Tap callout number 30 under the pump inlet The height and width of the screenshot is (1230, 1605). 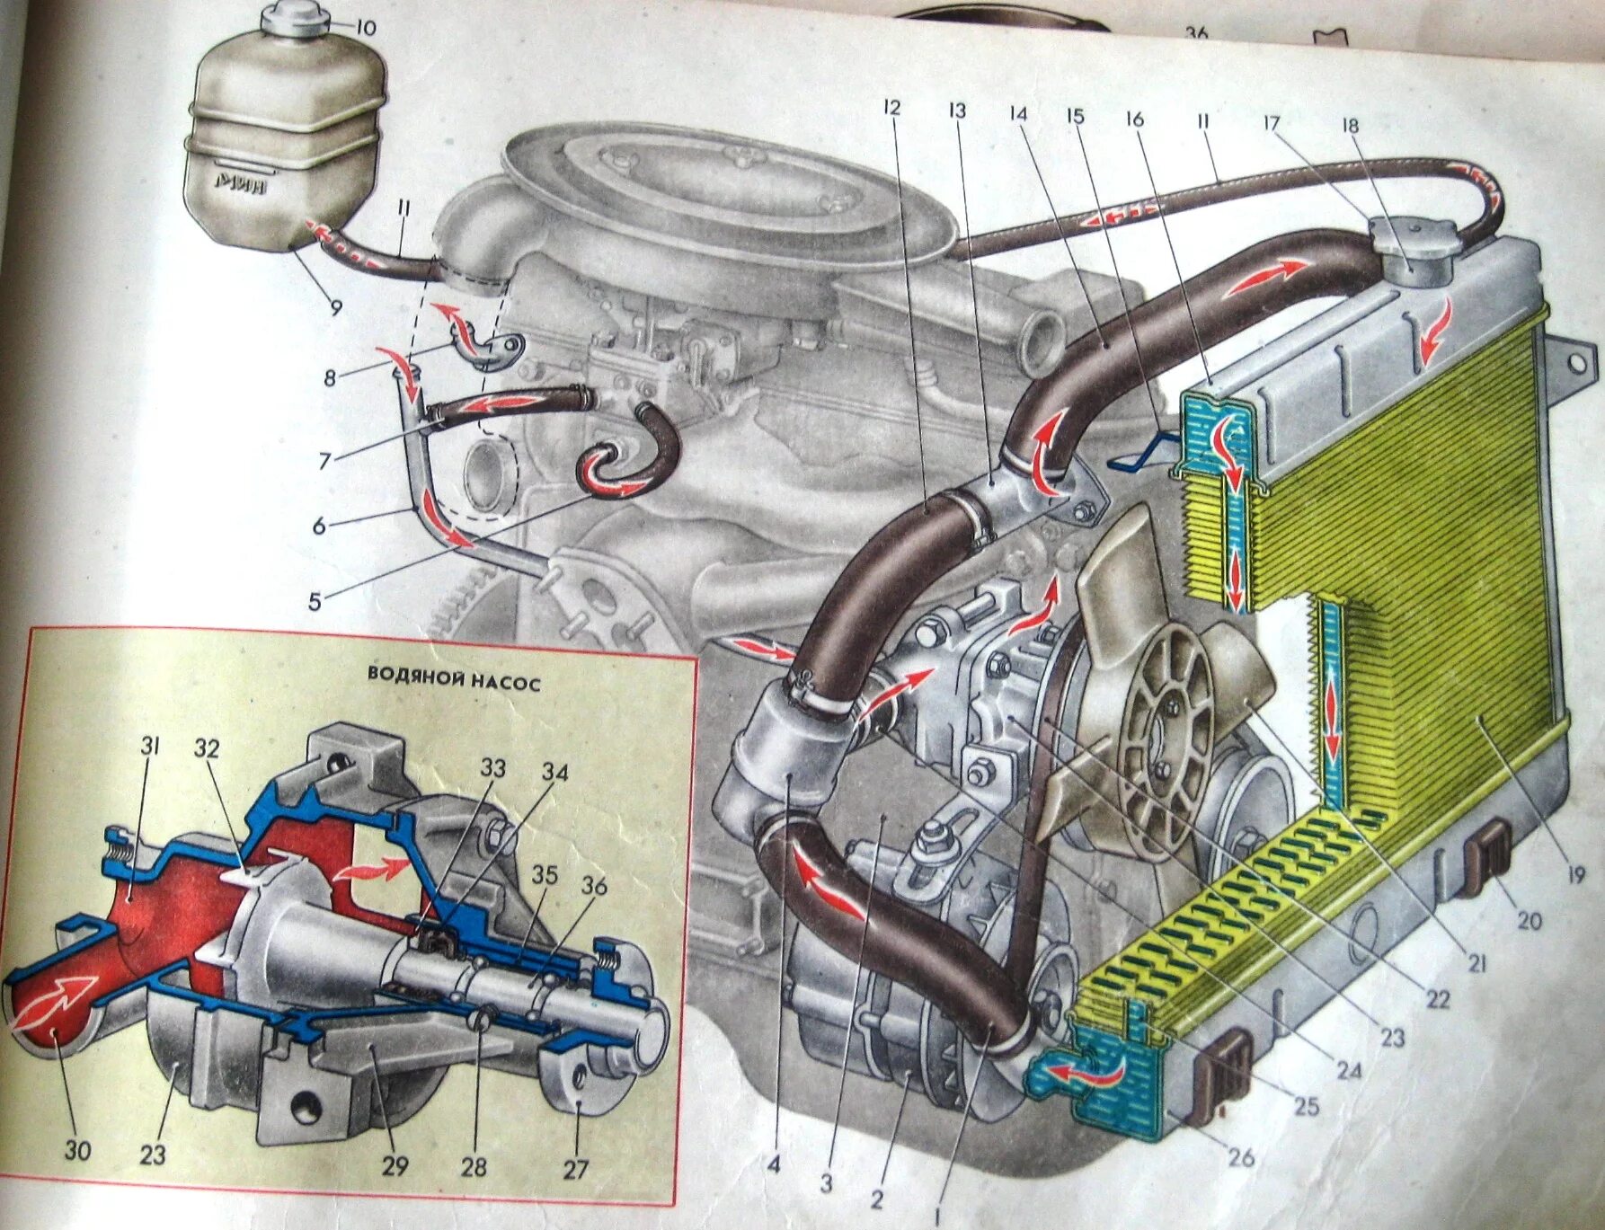[x=77, y=1150]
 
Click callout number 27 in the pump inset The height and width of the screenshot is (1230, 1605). [x=575, y=1169]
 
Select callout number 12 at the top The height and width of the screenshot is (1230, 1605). [x=891, y=109]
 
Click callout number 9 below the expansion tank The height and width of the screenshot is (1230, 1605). [x=335, y=307]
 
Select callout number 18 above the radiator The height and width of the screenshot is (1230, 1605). [x=1351, y=125]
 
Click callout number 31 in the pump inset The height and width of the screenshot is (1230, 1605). [x=149, y=746]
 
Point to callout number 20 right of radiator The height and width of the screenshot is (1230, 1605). [x=1529, y=921]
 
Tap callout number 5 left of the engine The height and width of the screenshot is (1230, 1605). [x=315, y=601]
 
